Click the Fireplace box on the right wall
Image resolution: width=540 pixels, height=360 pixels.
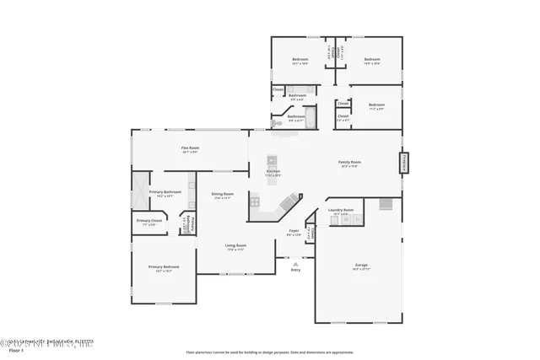point(402,162)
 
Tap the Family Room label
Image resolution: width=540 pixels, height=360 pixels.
point(350,164)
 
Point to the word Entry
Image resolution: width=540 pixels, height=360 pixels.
point(295,270)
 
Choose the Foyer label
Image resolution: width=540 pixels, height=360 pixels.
point(294,230)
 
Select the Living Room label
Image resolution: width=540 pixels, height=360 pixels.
point(235,246)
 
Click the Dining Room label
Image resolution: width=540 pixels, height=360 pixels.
point(223,195)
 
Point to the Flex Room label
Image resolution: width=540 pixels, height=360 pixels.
point(190,149)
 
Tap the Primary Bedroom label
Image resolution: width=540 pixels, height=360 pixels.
point(163,269)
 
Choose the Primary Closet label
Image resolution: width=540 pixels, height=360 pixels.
point(149,222)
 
